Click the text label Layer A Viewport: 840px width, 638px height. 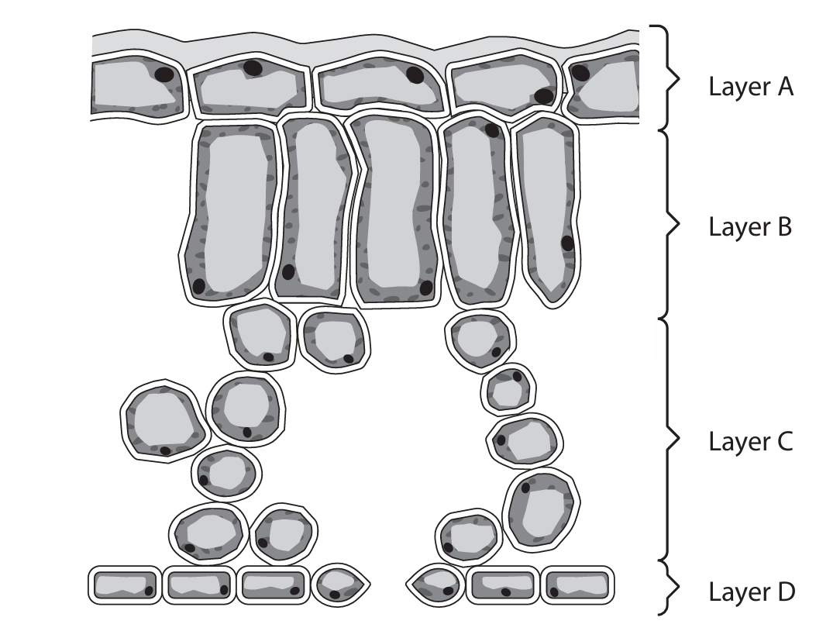click(751, 87)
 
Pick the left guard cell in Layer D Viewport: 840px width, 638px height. click(342, 585)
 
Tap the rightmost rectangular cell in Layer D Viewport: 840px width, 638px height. click(577, 585)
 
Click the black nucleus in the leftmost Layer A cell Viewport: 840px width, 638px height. click(164, 74)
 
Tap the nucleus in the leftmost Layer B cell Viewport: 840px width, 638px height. click(199, 286)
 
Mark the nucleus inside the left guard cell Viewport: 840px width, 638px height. click(335, 595)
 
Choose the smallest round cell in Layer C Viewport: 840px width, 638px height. click(509, 388)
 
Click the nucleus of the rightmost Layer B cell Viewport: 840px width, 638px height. click(567, 243)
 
